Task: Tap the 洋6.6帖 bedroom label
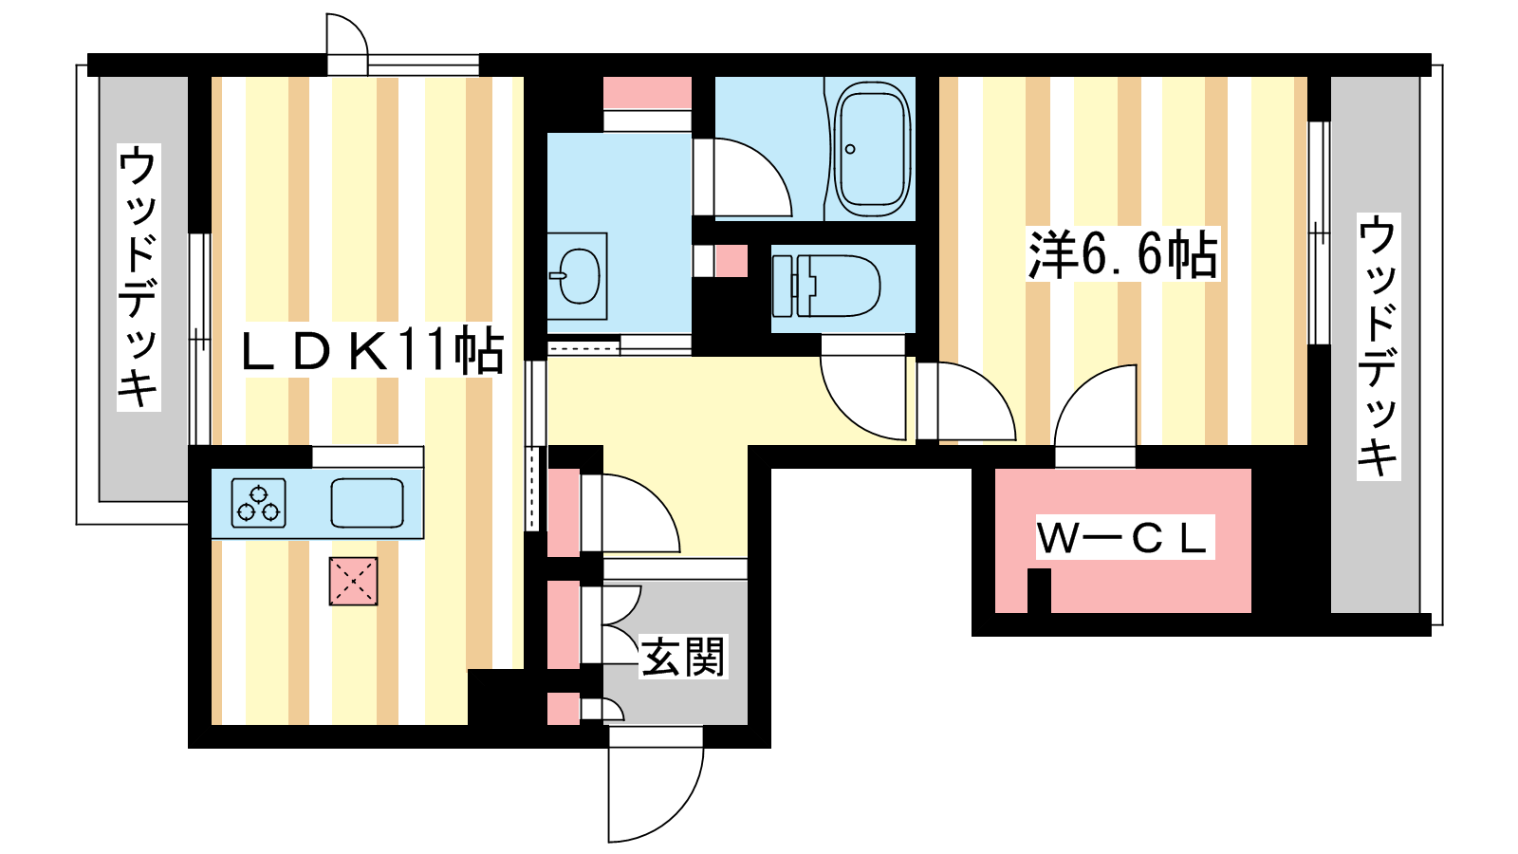tap(1122, 254)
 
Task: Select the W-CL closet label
tap(1123, 538)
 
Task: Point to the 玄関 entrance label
tap(683, 657)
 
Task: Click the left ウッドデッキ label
tap(139, 276)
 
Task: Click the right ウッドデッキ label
tap(1379, 345)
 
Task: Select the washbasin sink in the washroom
tap(578, 275)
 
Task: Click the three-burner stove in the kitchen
tap(259, 503)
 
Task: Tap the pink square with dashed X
tap(353, 581)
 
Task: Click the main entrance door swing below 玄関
tap(655, 783)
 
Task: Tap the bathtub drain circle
tap(850, 149)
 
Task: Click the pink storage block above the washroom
tap(647, 93)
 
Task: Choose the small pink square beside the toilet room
tap(731, 260)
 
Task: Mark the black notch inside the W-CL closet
tap(1039, 590)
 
